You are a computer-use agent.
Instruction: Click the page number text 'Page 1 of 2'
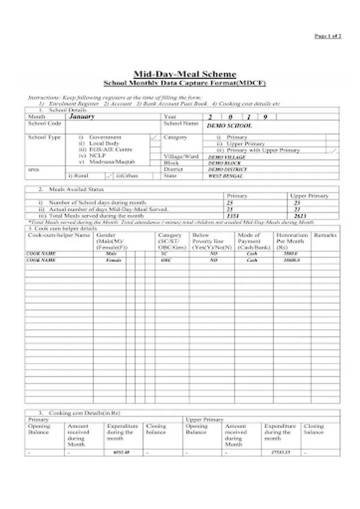328,36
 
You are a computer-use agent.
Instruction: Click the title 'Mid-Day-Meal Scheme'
185,74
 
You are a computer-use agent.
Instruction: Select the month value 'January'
82,117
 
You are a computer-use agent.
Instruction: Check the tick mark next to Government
155,137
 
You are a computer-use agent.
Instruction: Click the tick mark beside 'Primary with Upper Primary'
333,150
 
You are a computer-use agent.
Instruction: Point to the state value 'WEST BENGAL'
226,176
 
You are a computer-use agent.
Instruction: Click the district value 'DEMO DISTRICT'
228,169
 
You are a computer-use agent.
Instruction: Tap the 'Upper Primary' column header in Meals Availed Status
309,196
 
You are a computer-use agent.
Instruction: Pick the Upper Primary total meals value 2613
300,216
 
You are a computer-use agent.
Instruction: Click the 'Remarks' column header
325,234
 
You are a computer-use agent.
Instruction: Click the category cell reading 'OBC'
166,260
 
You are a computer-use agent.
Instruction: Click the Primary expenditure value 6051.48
122,452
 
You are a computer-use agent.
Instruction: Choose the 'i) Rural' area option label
78,176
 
